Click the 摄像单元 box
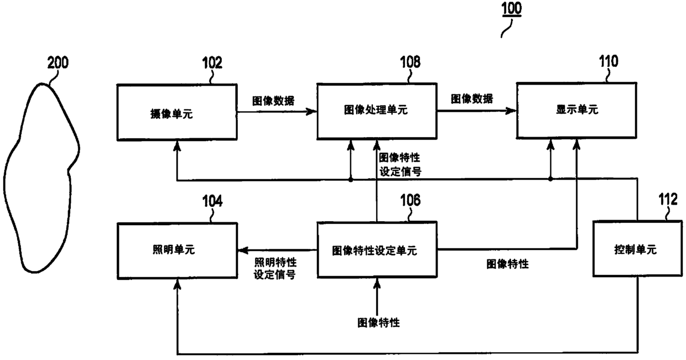tap(176, 111)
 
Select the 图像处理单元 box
tap(376, 111)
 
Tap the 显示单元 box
tap(576, 111)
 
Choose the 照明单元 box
tap(176, 250)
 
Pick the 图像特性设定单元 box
tap(376, 250)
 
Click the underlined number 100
tap(511, 9)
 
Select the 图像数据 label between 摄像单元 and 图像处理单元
tap(273, 101)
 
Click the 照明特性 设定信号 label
tap(274, 268)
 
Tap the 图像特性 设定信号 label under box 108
tap(401, 165)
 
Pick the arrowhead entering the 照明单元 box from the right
tap(241, 251)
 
